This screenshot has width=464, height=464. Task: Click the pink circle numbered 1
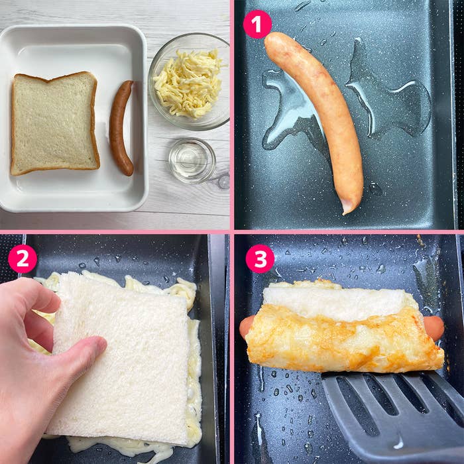pos(257,24)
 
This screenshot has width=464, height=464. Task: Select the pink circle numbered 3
pos(260,259)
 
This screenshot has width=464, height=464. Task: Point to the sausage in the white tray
pos(121,127)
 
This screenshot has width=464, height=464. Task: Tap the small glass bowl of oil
pos(192,160)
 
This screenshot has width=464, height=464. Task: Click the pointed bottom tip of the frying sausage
pos(347,209)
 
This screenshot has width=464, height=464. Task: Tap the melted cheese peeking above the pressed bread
pos(166,286)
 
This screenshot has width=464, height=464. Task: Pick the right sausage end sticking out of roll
pos(434,327)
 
